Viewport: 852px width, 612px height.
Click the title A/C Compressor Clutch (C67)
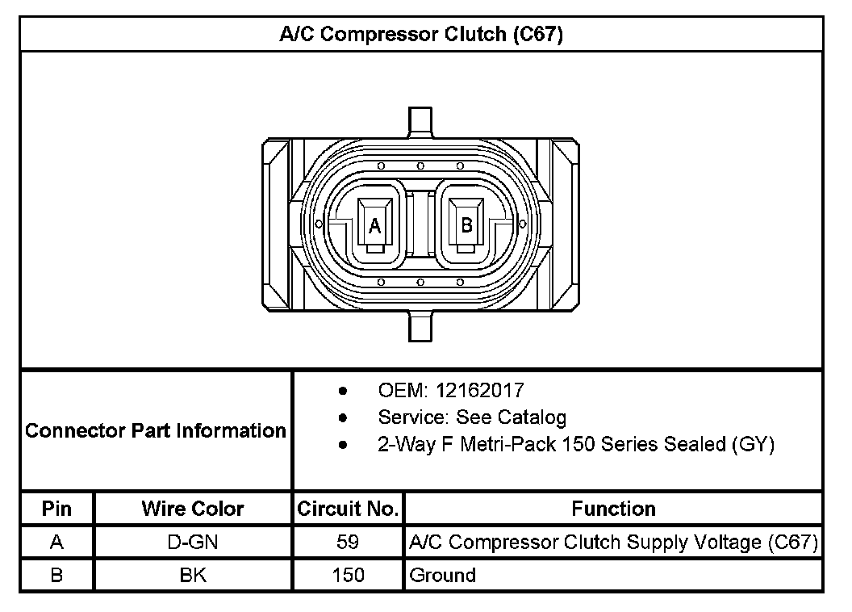(x=421, y=34)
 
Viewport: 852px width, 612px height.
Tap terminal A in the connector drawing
(x=375, y=225)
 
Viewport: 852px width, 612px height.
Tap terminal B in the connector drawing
(x=466, y=225)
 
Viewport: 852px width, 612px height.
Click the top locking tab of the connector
(x=420, y=122)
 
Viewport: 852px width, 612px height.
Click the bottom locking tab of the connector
(x=420, y=326)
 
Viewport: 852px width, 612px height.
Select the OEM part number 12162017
(x=480, y=390)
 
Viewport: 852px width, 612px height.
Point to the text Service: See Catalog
(x=472, y=417)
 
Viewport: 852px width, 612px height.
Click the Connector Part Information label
(x=156, y=430)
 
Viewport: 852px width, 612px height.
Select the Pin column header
(x=56, y=509)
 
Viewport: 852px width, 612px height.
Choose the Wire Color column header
(x=192, y=509)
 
